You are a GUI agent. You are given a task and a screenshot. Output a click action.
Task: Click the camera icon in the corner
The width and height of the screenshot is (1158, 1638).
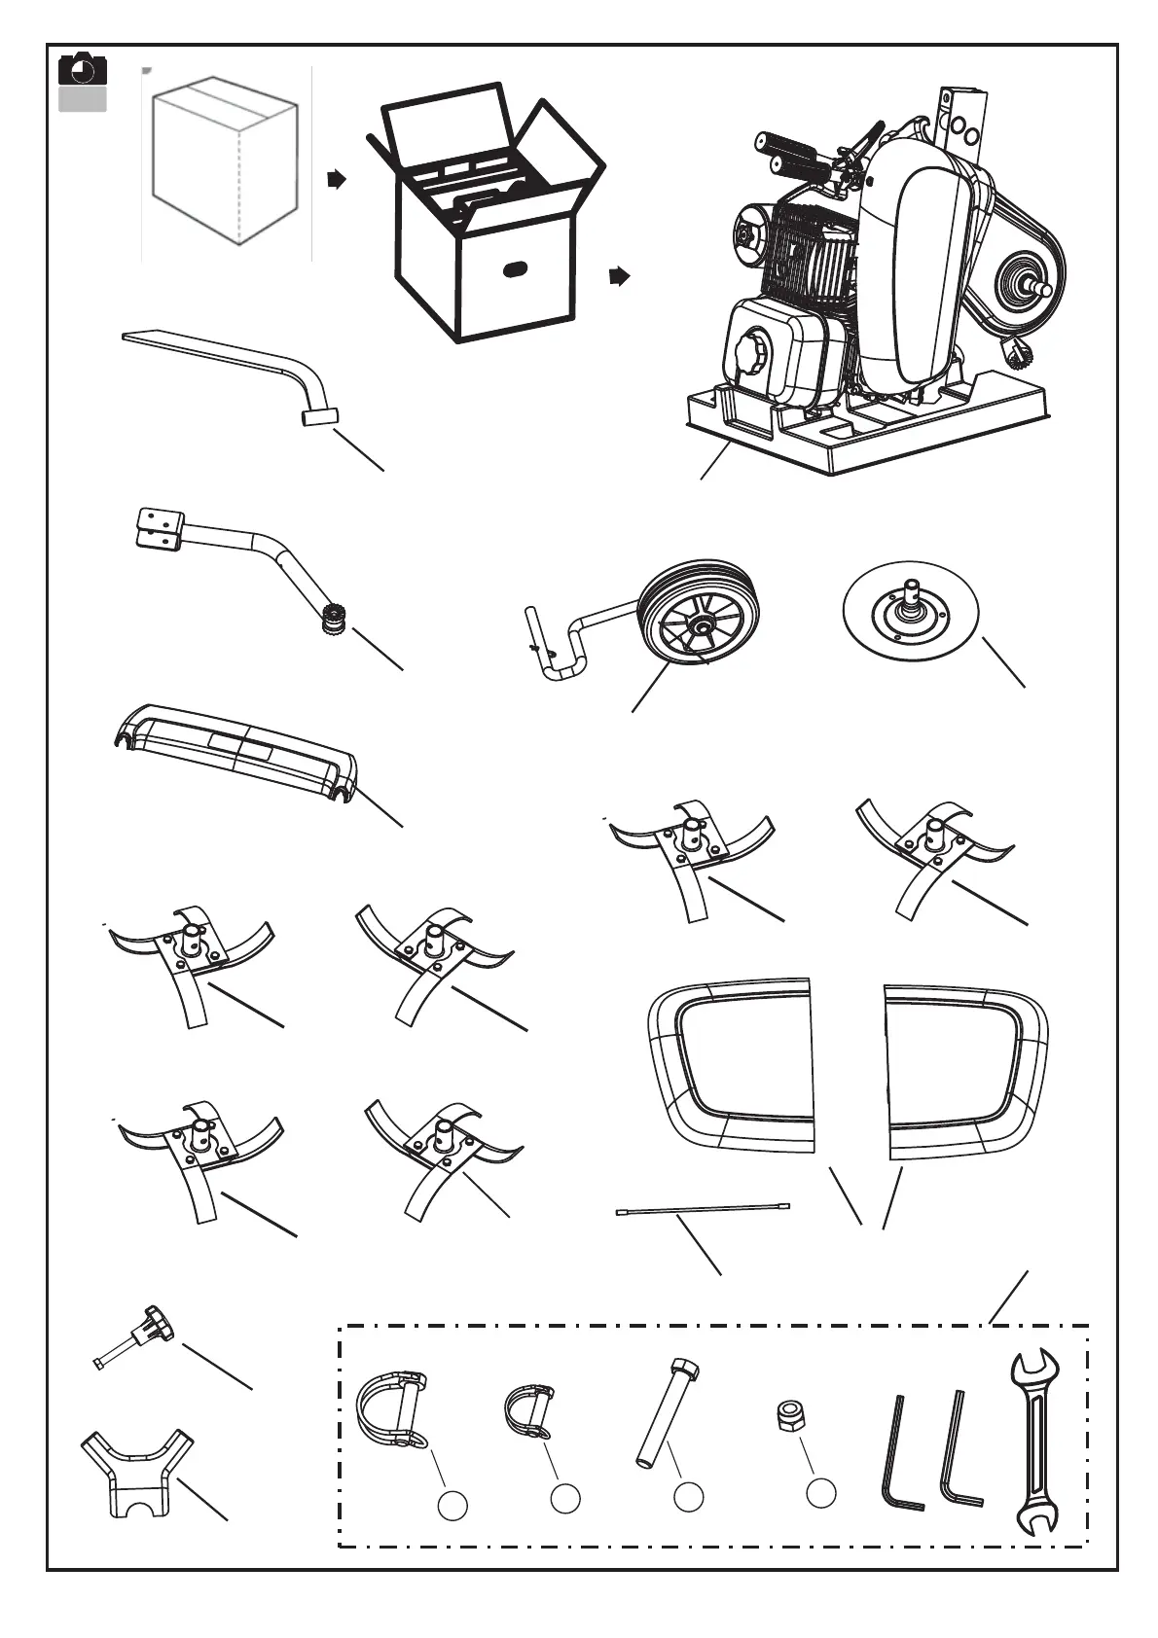point(82,71)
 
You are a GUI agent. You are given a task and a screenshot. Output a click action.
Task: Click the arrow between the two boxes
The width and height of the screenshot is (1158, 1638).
point(336,180)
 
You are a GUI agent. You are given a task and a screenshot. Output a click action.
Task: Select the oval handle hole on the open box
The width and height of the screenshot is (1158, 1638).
point(515,268)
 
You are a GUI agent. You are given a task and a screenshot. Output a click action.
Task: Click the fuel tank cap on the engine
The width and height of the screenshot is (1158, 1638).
point(753,353)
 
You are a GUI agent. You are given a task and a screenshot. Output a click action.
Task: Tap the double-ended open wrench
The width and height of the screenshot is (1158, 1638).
point(1033,1440)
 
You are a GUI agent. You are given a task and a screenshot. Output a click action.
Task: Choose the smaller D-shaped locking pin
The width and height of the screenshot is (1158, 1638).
point(526,1412)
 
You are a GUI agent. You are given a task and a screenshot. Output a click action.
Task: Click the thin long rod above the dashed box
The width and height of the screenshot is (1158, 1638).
point(703,1209)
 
